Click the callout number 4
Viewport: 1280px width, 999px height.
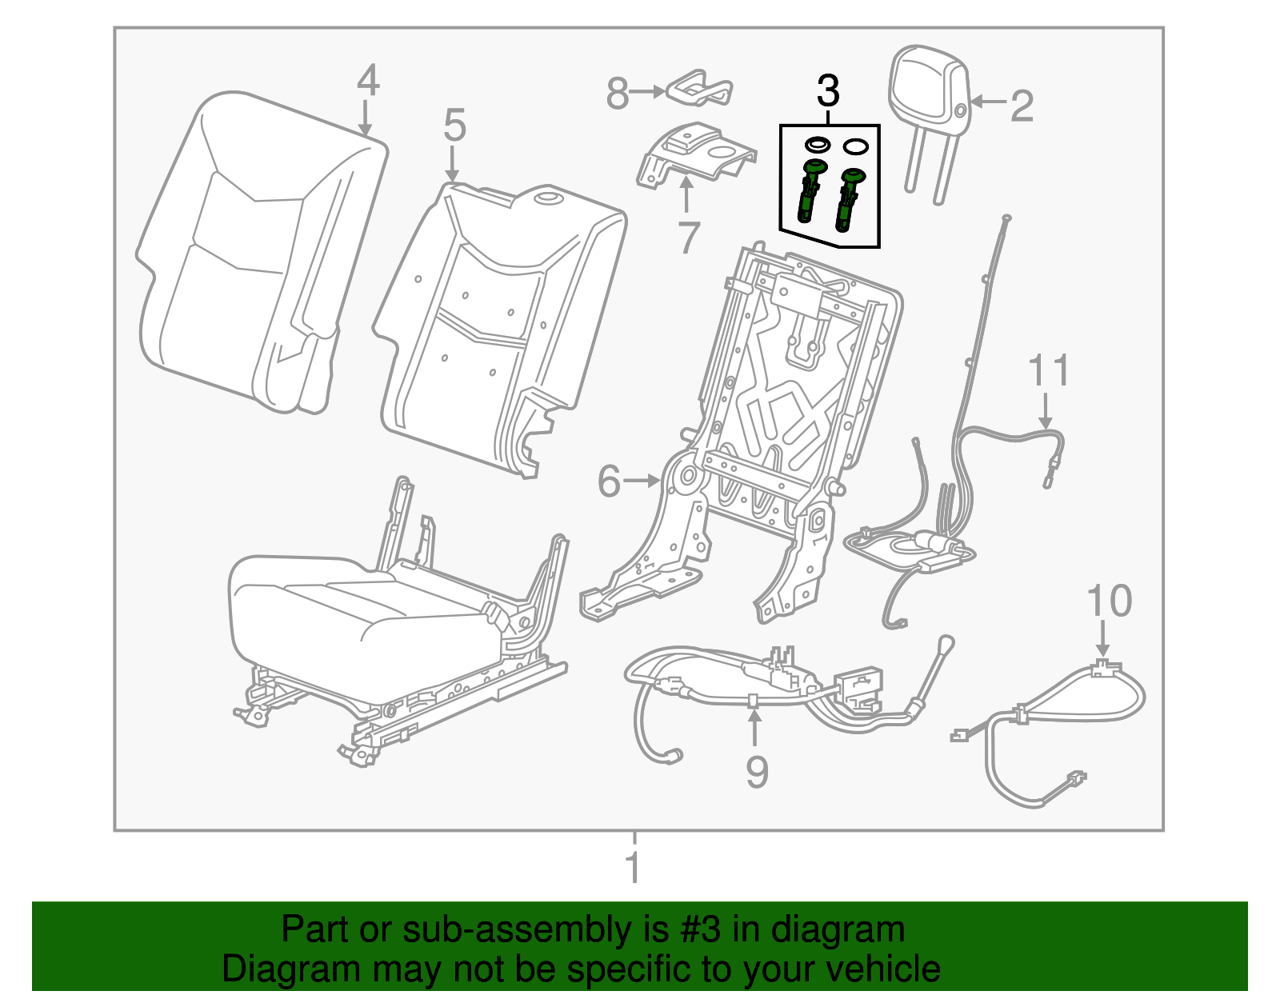(x=367, y=81)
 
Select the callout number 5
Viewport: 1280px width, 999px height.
(x=454, y=126)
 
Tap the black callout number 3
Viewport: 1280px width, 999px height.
(x=828, y=92)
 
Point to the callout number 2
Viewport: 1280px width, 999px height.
(x=1022, y=106)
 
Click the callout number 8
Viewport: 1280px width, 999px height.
(x=617, y=94)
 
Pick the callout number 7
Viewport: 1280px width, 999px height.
(x=688, y=238)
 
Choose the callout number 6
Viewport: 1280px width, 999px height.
(x=609, y=482)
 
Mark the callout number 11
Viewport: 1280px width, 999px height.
(x=1048, y=372)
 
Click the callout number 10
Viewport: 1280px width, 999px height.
(x=1109, y=601)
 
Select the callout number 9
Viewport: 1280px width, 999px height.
(x=756, y=771)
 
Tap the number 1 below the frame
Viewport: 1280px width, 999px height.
(x=633, y=868)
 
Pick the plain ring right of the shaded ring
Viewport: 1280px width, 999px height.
(x=855, y=147)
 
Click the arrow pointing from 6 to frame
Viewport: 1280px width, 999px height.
(x=642, y=481)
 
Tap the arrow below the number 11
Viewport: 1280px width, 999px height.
(x=1045, y=411)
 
